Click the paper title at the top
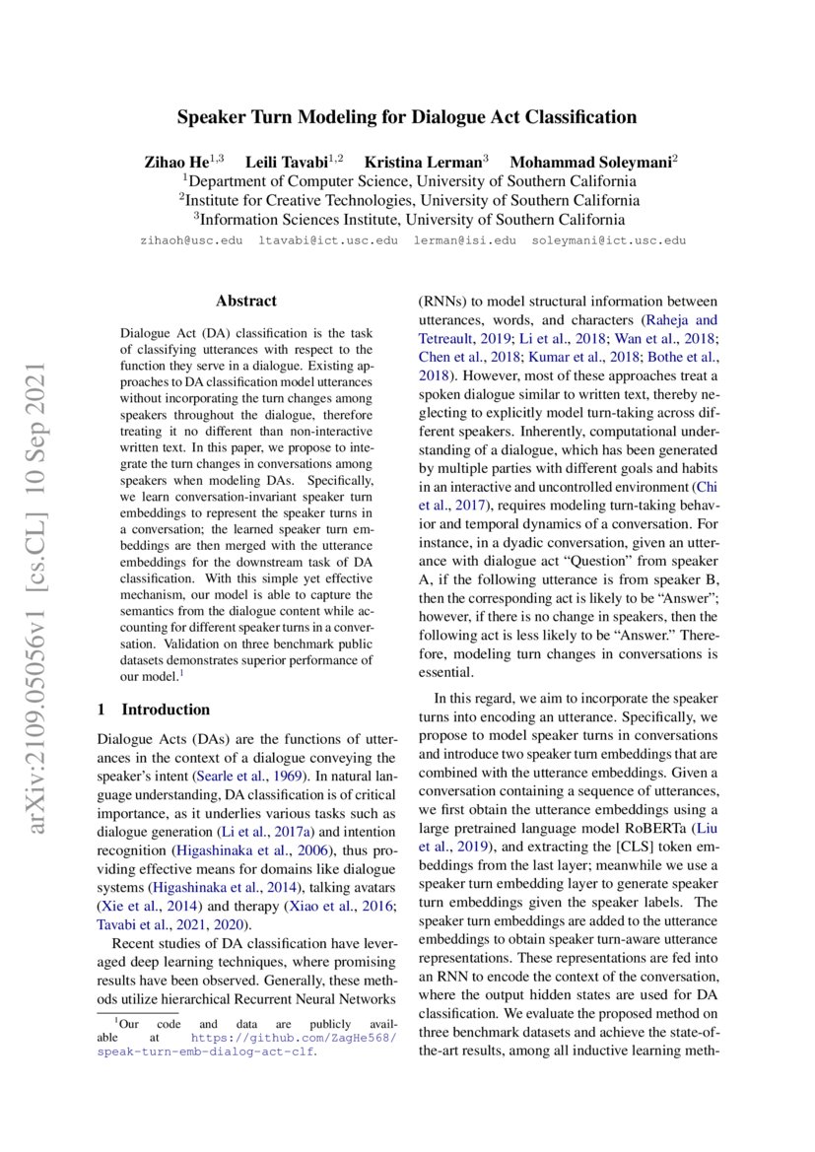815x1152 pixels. [x=407, y=117]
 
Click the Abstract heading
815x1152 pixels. [x=246, y=302]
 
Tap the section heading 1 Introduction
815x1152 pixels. [x=154, y=710]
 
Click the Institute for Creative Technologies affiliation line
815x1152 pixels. [x=407, y=200]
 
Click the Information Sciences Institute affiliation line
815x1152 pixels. [x=407, y=220]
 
